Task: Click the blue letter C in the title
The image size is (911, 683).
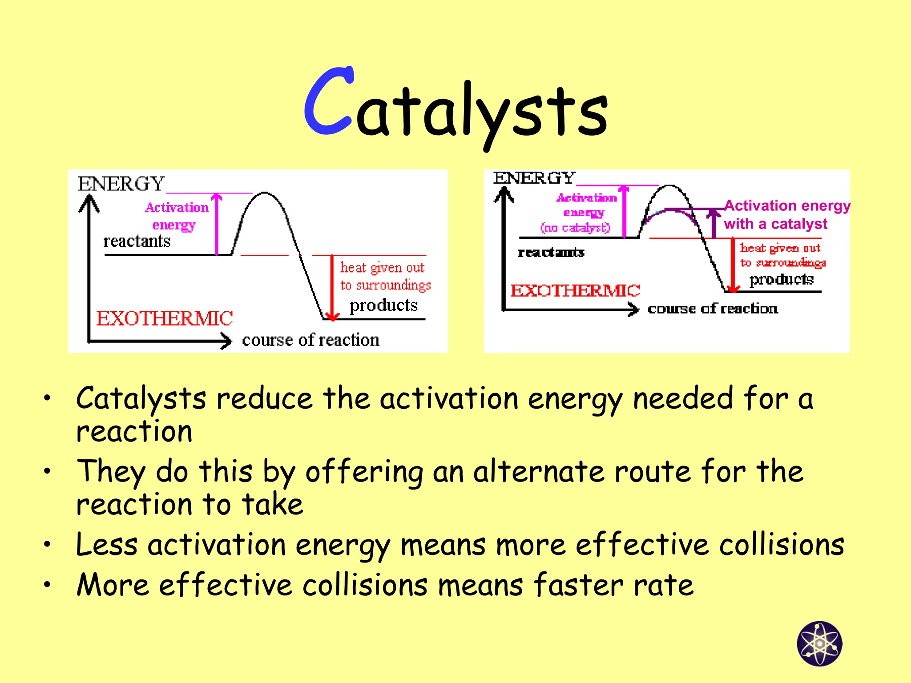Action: [328, 101]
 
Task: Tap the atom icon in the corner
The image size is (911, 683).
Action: [819, 643]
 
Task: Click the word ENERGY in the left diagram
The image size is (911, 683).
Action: [121, 184]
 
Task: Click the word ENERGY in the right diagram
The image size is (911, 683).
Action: [534, 178]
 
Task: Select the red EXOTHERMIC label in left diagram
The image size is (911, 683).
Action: [165, 318]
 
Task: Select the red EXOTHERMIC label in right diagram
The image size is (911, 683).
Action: [575, 291]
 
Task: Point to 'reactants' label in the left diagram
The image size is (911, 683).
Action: [137, 241]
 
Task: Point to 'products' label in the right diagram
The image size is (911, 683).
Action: [781, 279]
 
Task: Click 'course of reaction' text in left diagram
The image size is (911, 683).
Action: [310, 340]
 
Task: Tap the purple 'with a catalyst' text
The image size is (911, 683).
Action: [775, 224]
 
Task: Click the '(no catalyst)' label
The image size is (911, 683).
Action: [575, 228]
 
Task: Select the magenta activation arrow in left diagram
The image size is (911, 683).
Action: [217, 225]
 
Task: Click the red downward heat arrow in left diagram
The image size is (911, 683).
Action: [332, 287]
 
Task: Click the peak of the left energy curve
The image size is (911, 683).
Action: [265, 193]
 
